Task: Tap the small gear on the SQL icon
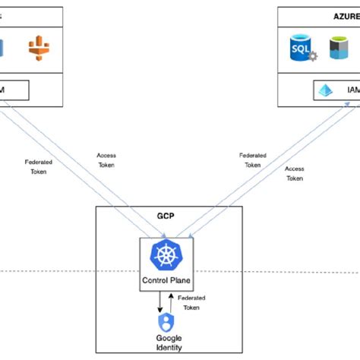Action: click(x=311, y=55)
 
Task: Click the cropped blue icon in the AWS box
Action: click(x=2, y=47)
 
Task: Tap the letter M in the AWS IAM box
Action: click(x=4, y=90)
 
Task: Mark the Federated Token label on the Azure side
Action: click(x=252, y=159)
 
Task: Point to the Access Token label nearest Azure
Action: click(x=294, y=173)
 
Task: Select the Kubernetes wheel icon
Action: click(x=165, y=255)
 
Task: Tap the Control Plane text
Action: click(x=165, y=279)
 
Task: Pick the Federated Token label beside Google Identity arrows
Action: click(x=191, y=303)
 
